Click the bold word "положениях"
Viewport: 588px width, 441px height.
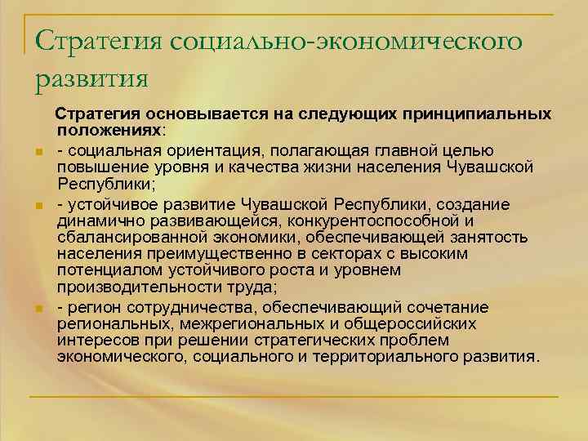(109, 130)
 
